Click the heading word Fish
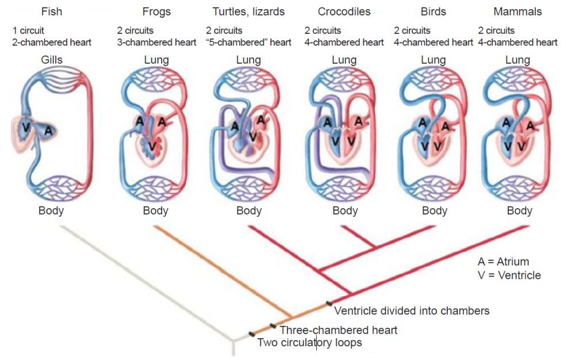pos(51,12)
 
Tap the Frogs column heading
pos(156,12)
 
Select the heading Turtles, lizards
pos(248,12)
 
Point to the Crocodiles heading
pos(344,12)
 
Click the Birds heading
pos(433,12)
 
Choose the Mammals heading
pos(517,12)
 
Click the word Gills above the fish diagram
pos(52,59)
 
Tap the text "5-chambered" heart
pos(248,42)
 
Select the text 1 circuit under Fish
pos(28,30)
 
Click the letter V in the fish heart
pos(26,127)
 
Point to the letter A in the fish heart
pos(48,131)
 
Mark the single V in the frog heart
pos(152,147)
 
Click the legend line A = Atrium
pos(503,262)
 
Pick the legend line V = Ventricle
pos(509,275)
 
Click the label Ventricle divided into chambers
pos(412,311)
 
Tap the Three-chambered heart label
pos(339,330)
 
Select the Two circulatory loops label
pos(309,342)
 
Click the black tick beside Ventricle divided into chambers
pos(329,303)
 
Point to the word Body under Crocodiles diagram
pos(345,211)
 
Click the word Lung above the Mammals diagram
pos(517,60)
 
